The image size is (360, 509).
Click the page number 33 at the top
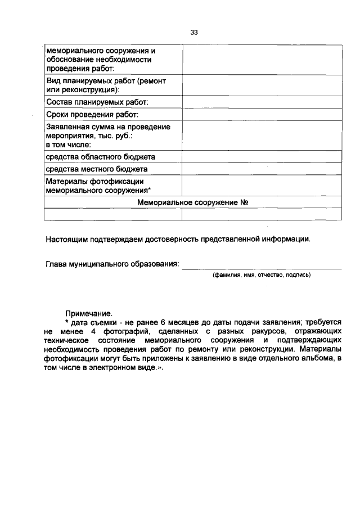click(x=194, y=32)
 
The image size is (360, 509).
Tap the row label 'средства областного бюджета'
click(x=101, y=156)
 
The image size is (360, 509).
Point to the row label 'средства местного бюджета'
click(x=97, y=169)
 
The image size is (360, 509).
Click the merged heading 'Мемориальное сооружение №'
click(x=193, y=202)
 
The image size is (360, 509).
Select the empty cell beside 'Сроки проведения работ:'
click(x=261, y=115)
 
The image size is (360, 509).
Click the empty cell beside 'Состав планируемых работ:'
click(x=261, y=102)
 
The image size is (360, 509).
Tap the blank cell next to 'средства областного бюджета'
click(x=261, y=156)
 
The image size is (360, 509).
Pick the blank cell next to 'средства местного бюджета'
click(x=261, y=169)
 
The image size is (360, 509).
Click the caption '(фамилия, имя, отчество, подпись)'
click(x=261, y=275)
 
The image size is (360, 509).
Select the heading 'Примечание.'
click(x=89, y=312)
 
